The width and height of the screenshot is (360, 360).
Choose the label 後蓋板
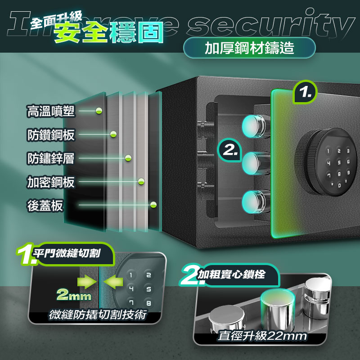pos(45,206)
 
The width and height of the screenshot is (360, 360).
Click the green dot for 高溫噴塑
pos(99,111)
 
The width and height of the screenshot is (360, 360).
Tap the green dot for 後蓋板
pos(153,205)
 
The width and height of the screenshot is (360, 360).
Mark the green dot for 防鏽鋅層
pos(128,157)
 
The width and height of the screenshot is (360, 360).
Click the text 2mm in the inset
pos(74,295)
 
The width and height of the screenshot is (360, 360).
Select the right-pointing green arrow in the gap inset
pos(85,282)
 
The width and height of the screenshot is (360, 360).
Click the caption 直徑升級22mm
pos(262,336)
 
